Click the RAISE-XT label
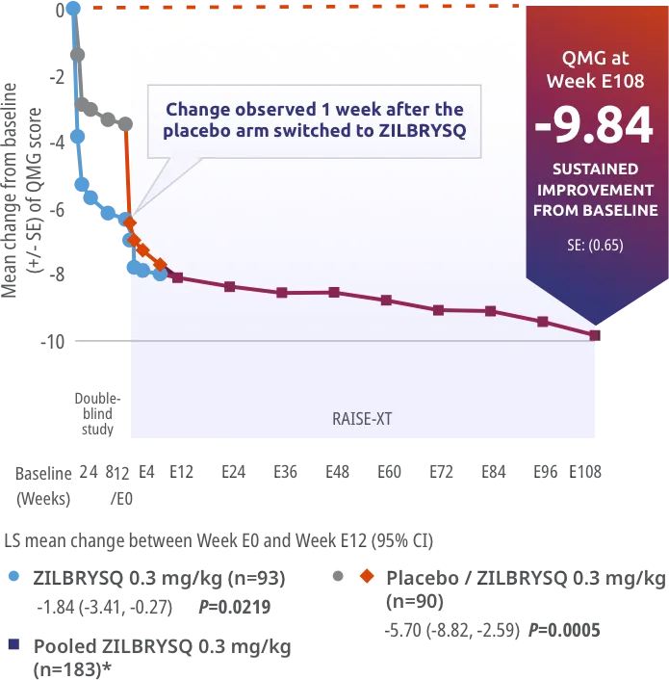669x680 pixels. point(362,419)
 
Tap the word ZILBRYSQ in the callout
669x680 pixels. point(426,131)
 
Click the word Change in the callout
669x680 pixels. point(197,109)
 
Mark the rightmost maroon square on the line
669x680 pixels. point(596,335)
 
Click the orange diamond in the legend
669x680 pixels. point(366,576)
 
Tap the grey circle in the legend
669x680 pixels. point(337,576)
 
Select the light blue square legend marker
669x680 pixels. point(15,578)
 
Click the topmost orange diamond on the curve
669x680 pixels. point(129,222)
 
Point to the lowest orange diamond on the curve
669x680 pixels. point(161,264)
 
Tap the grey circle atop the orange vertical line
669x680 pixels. point(126,124)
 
